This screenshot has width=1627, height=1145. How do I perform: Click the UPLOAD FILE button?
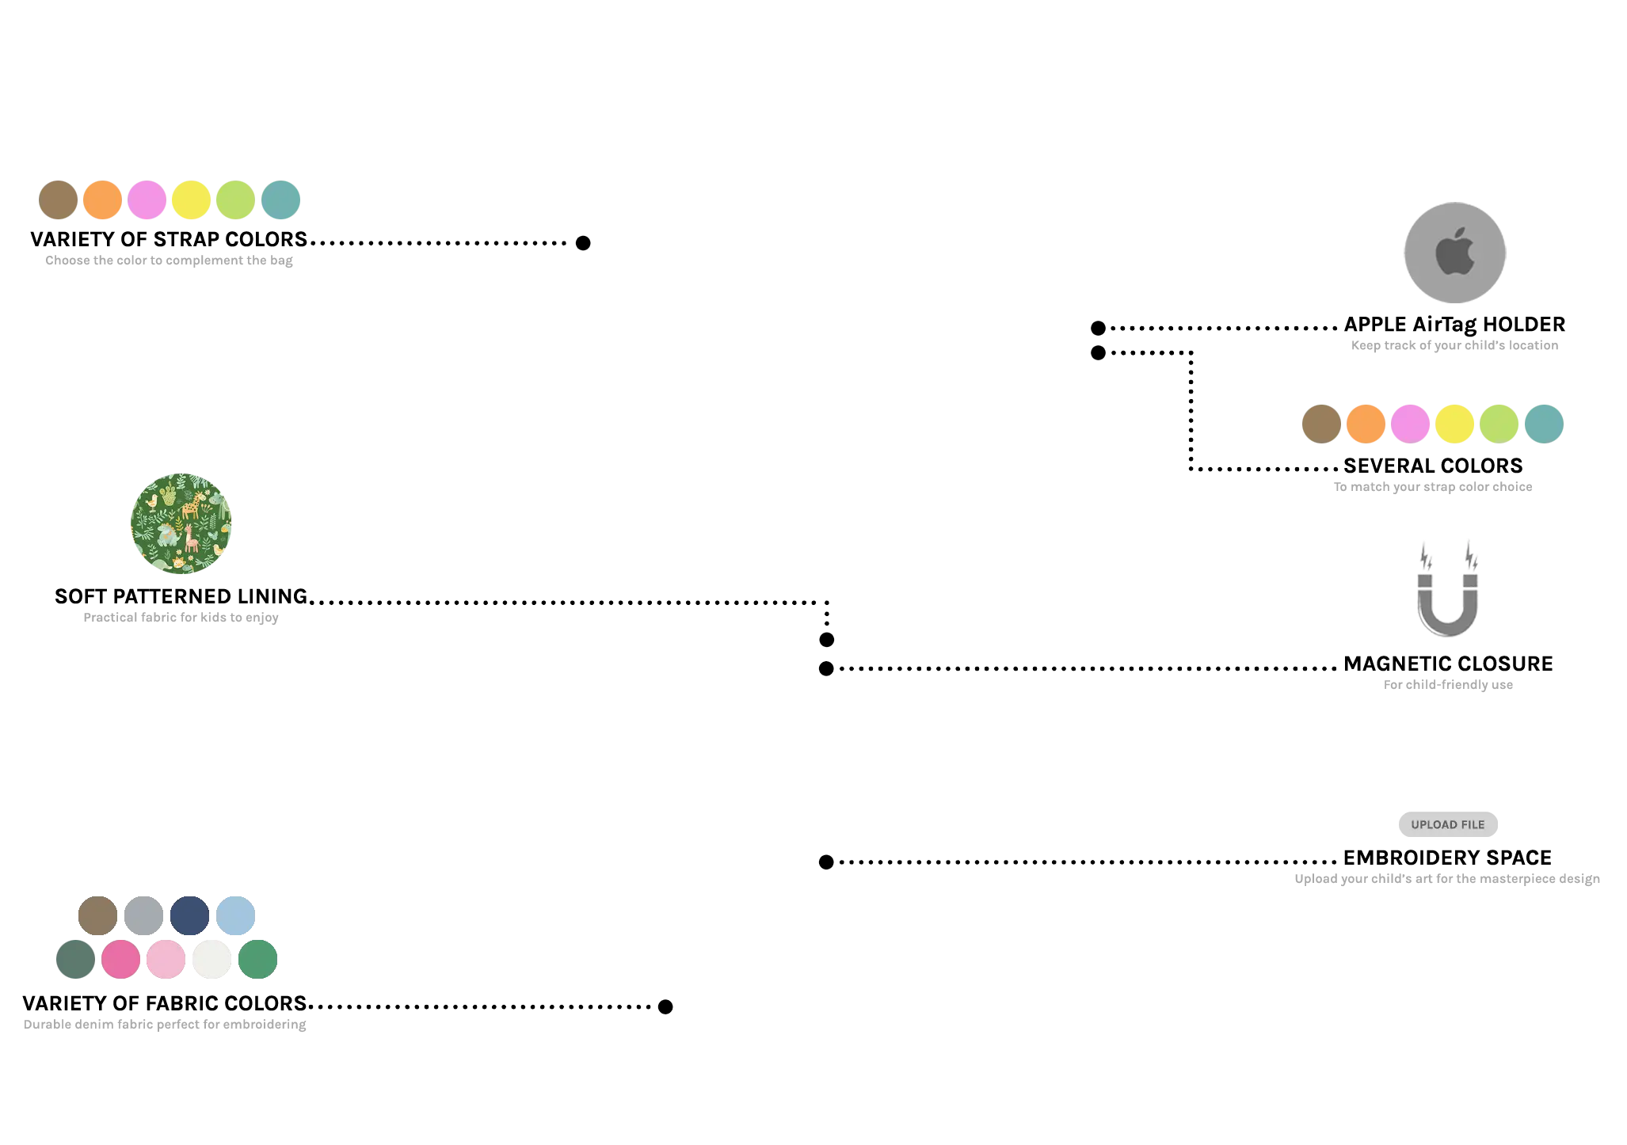pyautogui.click(x=1448, y=824)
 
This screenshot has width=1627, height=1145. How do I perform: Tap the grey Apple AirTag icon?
pyautogui.click(x=1455, y=253)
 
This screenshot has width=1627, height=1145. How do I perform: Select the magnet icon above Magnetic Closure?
pyautogui.click(x=1448, y=590)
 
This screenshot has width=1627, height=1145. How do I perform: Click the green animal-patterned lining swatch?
pyautogui.click(x=181, y=523)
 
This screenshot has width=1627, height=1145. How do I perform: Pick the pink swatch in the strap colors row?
pyautogui.click(x=147, y=200)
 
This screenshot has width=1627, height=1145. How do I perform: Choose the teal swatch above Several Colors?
pyautogui.click(x=1544, y=424)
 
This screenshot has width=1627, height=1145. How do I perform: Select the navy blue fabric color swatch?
pyautogui.click(x=190, y=915)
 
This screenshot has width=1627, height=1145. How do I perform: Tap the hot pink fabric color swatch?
pyautogui.click(x=121, y=959)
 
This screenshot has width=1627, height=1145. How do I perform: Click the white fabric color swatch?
pyautogui.click(x=212, y=959)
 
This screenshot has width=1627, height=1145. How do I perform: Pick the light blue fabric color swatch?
pyautogui.click(x=236, y=915)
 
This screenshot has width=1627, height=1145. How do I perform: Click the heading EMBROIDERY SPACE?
pyautogui.click(x=1447, y=858)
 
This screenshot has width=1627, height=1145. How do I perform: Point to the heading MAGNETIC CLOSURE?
pyautogui.click(x=1448, y=664)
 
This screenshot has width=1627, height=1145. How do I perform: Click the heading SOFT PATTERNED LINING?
pyautogui.click(x=181, y=596)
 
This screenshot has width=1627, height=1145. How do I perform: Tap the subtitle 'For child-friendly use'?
pyautogui.click(x=1448, y=685)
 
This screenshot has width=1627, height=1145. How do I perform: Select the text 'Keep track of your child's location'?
pyautogui.click(x=1454, y=345)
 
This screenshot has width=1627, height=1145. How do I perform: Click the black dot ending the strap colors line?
pyautogui.click(x=583, y=243)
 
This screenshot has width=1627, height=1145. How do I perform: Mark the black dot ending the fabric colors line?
pyautogui.click(x=665, y=1006)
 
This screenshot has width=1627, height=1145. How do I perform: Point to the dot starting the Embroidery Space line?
pyautogui.click(x=826, y=862)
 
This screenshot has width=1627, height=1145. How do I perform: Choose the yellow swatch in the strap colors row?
pyautogui.click(x=192, y=200)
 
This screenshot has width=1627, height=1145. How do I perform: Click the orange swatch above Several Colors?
pyautogui.click(x=1366, y=424)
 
